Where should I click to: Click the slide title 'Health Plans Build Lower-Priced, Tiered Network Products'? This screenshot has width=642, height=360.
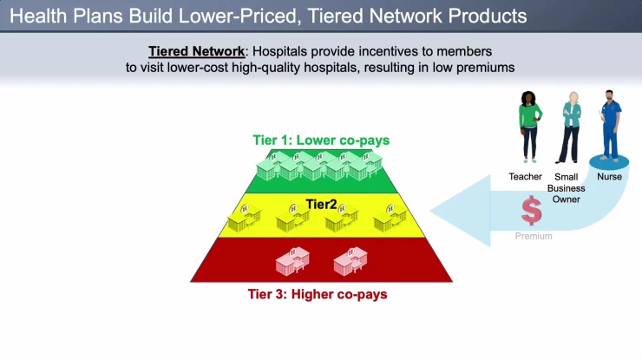265,16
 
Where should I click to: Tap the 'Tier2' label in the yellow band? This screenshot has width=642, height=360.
322,204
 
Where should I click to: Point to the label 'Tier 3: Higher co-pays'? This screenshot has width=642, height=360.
311,294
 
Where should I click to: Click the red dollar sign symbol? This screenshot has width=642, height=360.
531,211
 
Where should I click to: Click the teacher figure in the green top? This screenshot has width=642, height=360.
529,126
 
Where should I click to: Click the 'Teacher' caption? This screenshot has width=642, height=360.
525,177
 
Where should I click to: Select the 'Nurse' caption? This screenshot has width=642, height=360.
610,176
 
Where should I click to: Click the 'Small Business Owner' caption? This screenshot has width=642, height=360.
571,187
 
